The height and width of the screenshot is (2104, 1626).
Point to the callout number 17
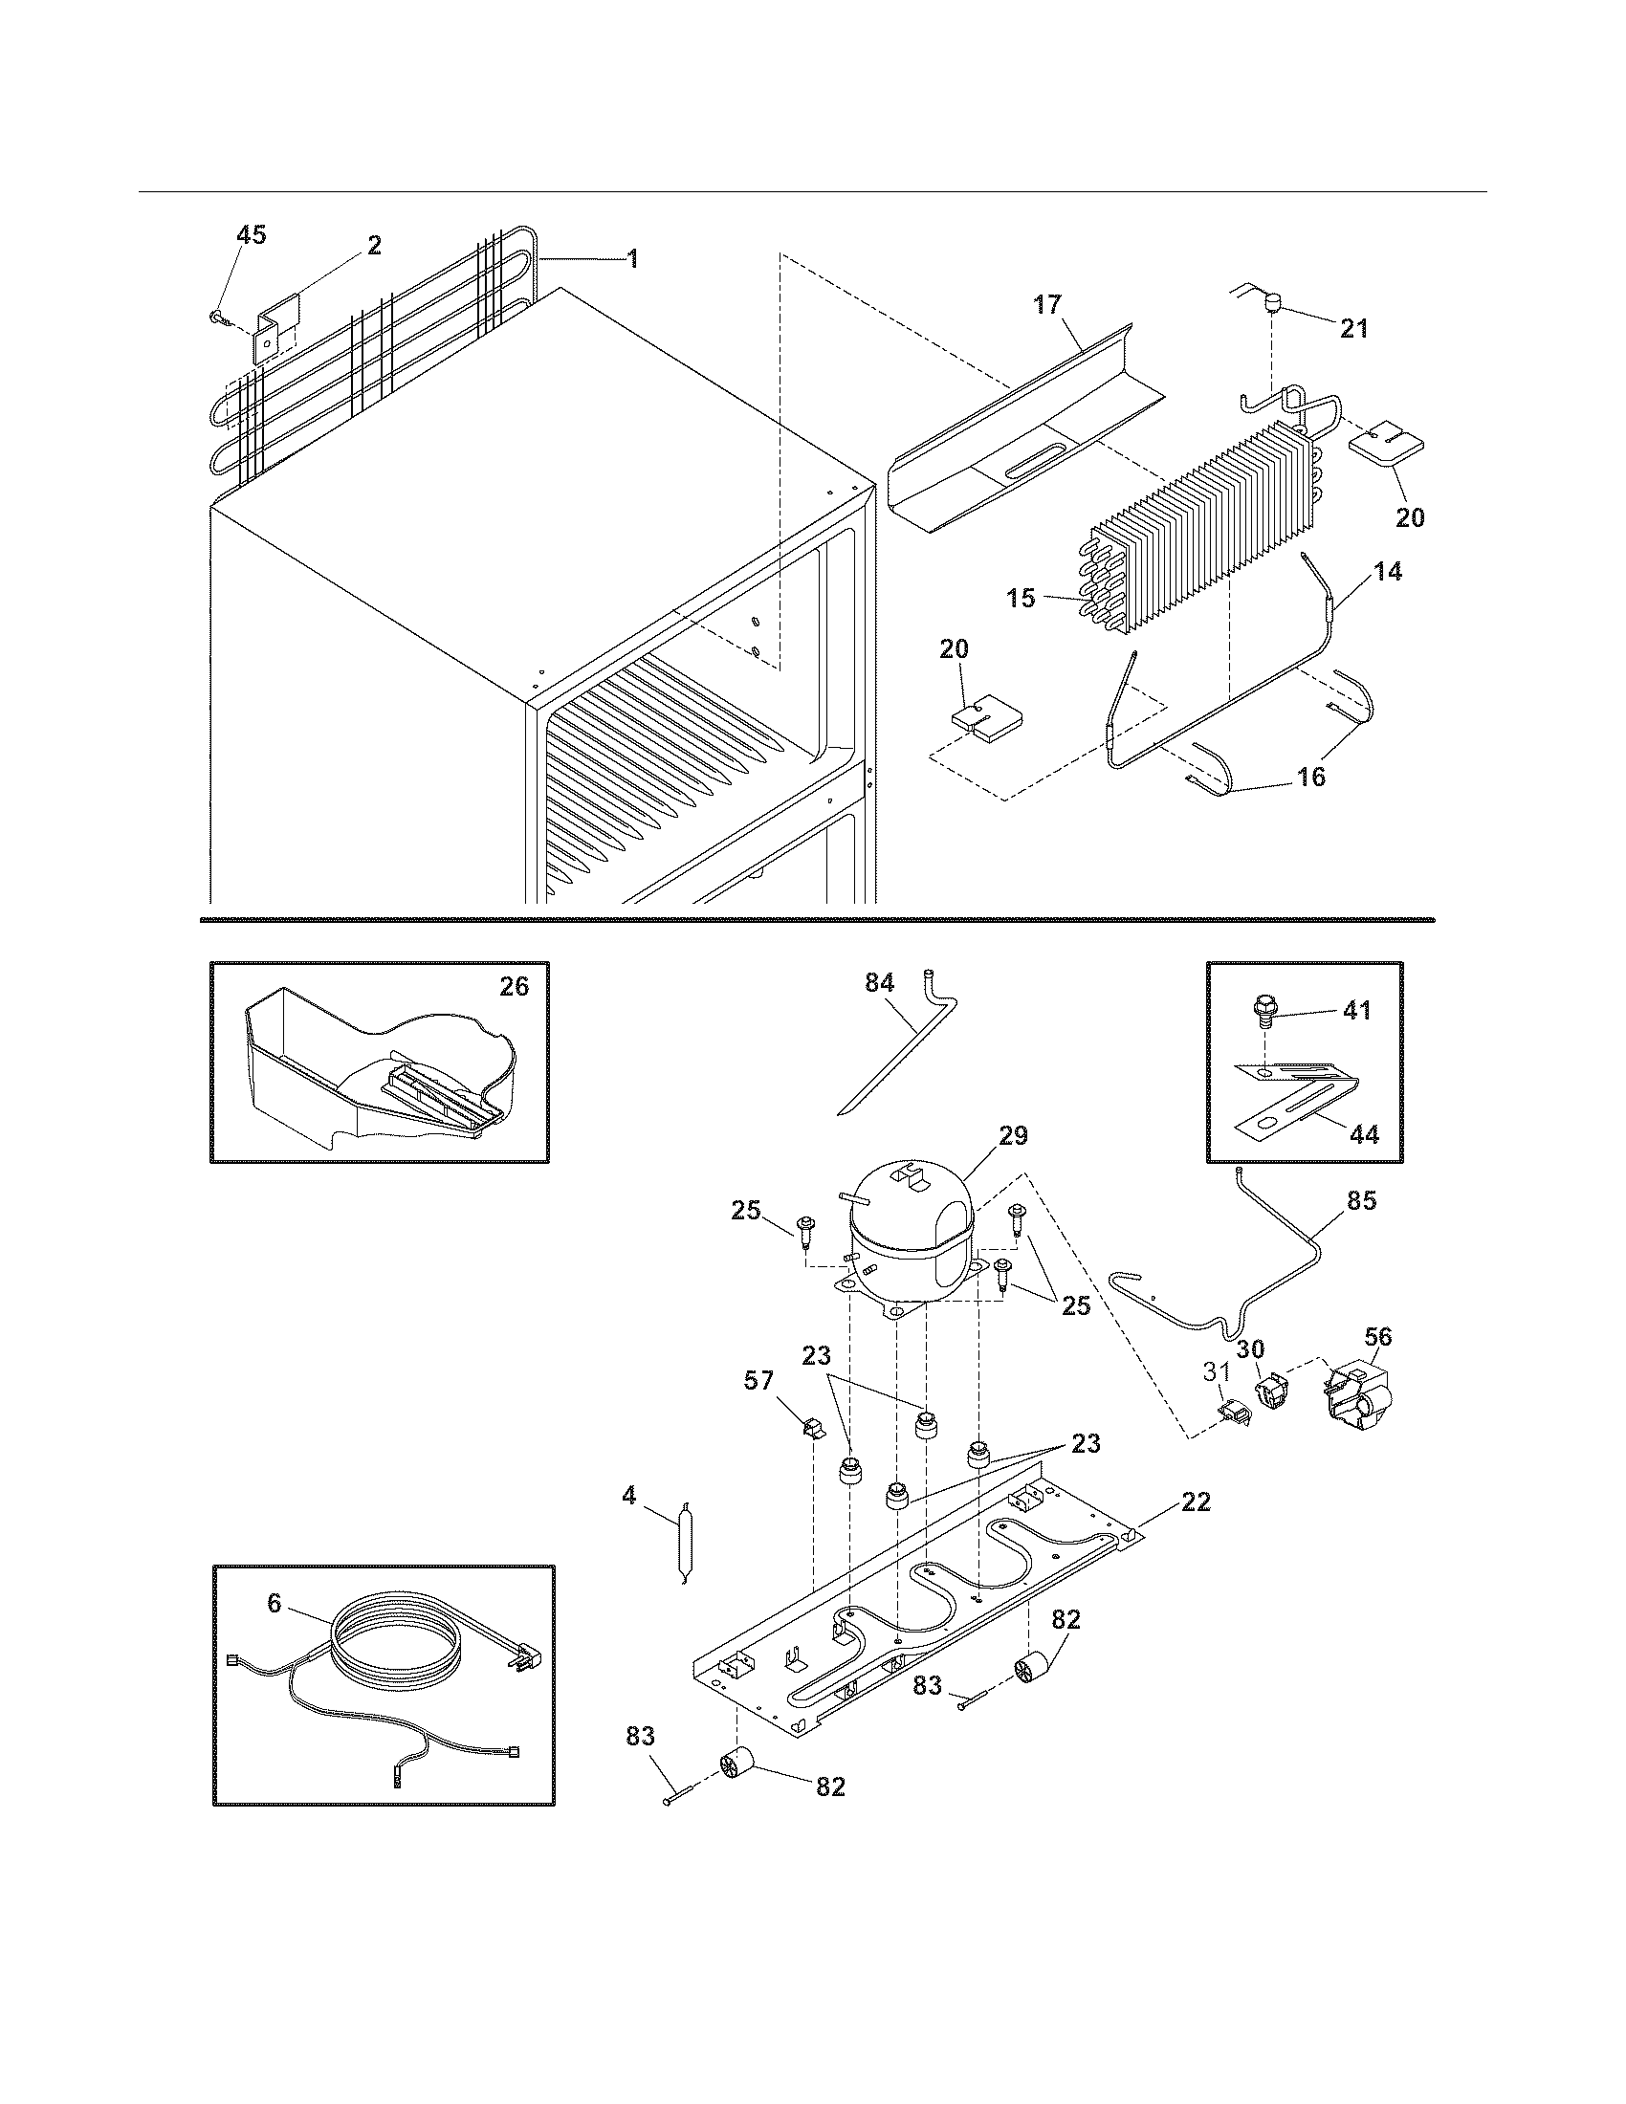tap(1047, 305)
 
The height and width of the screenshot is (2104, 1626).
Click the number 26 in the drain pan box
tap(514, 987)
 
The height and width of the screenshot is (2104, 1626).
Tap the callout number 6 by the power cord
tap(275, 1604)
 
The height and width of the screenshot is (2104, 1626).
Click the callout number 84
tap(878, 982)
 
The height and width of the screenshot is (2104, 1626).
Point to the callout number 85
tap(1362, 1200)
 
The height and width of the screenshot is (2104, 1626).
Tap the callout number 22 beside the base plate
tap(1196, 1501)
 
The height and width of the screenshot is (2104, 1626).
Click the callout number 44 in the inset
tap(1363, 1135)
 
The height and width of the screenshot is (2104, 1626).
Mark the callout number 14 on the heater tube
tap(1387, 571)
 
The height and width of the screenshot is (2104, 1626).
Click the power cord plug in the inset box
tap(527, 1659)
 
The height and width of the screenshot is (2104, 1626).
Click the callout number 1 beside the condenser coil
tap(632, 259)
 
